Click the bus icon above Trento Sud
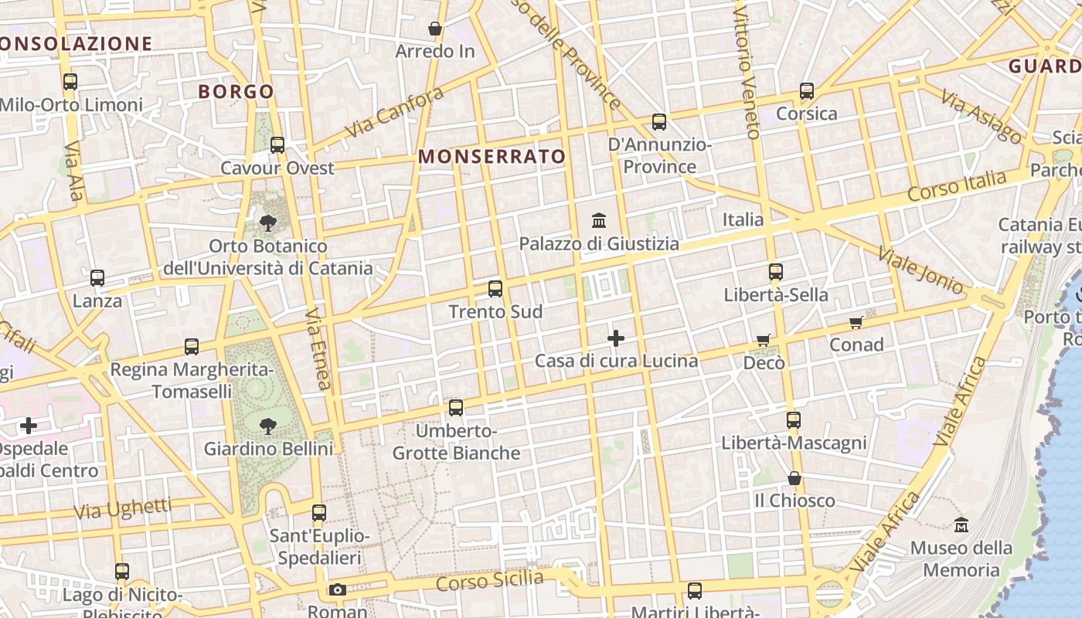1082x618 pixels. (495, 290)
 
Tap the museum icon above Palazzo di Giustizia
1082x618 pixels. (599, 222)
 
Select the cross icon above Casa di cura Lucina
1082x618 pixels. (616, 338)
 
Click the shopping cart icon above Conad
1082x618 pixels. (856, 322)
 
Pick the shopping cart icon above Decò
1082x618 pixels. (764, 340)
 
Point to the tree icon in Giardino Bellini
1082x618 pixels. (268, 426)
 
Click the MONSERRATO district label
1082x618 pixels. (492, 157)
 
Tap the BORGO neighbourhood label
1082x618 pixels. (236, 92)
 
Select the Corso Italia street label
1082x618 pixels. (957, 186)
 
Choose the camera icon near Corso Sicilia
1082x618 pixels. (337, 590)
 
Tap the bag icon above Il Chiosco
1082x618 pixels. (794, 478)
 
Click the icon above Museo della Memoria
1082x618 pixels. (961, 525)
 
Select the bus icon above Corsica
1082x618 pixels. (807, 91)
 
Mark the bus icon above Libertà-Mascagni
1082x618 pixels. (794, 420)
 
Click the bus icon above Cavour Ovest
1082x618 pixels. (277, 145)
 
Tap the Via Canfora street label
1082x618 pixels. (394, 113)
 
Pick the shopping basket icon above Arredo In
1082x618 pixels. (435, 29)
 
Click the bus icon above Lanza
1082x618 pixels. (97, 278)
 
